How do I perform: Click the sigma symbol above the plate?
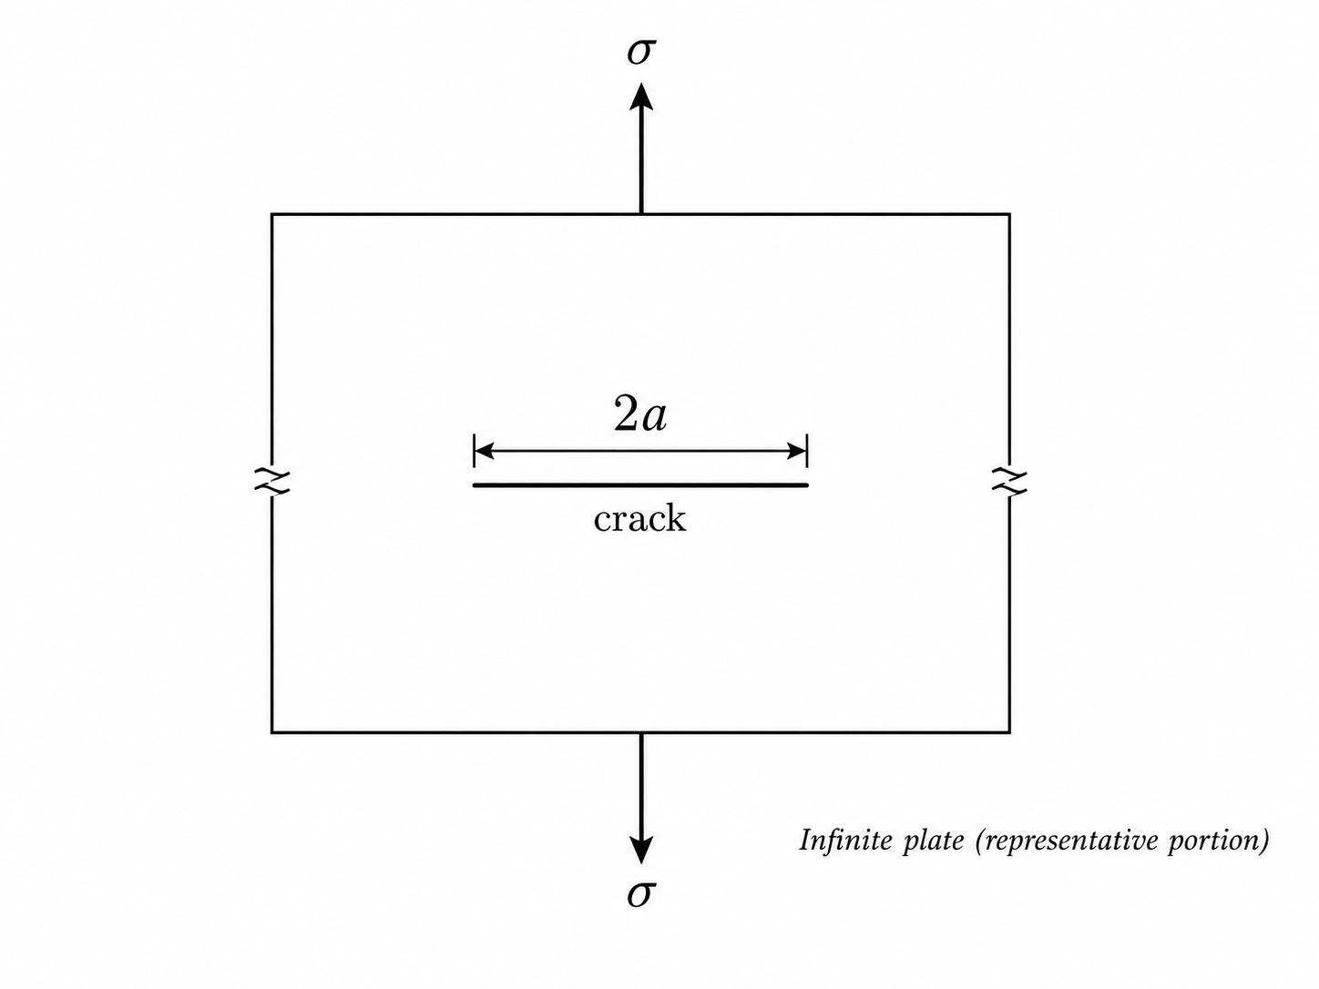coord(641,52)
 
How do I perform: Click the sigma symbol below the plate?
coord(641,894)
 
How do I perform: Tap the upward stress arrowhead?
coord(641,97)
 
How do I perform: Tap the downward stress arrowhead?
coord(641,850)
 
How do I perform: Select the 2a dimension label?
coord(640,414)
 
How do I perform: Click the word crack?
coord(640,518)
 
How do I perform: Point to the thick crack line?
coord(640,484)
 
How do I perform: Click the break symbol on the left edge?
coord(271,481)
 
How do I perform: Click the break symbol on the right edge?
coord(1009,481)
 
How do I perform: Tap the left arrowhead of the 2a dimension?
coord(484,451)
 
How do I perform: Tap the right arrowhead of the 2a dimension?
coord(797,451)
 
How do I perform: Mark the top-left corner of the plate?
coord(271,214)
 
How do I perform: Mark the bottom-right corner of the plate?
coord(1009,732)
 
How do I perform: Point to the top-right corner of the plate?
coord(1009,214)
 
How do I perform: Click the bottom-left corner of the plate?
coord(271,732)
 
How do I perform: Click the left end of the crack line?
coord(474,484)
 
